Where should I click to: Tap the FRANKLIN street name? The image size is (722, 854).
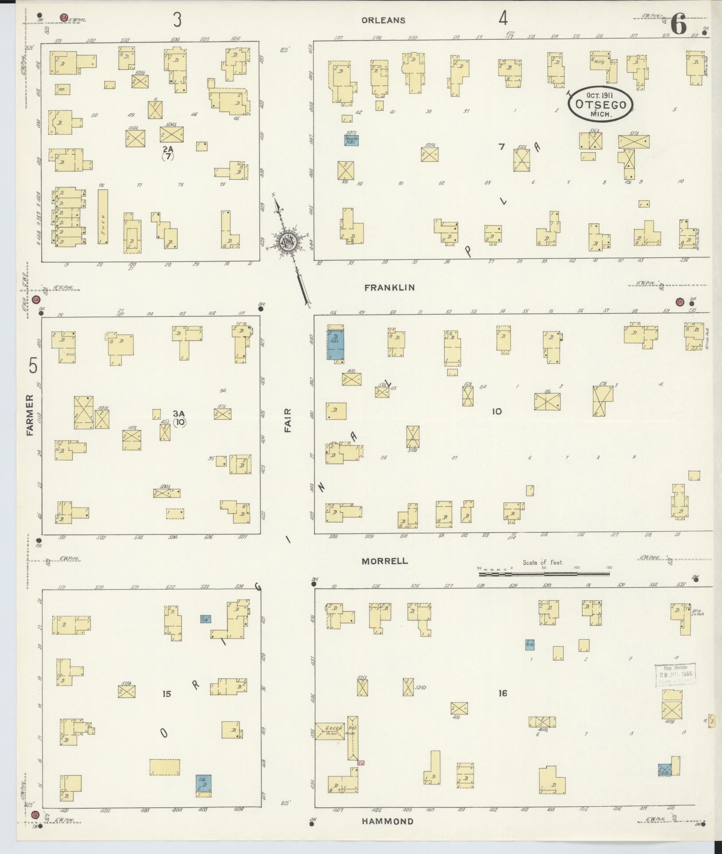point(389,287)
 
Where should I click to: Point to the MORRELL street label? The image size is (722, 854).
point(385,561)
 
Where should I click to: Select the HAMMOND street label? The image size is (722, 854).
point(387,821)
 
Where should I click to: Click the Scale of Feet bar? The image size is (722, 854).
point(544,574)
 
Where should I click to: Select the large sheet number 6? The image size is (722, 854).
point(679,24)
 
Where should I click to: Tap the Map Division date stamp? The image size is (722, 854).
point(675,675)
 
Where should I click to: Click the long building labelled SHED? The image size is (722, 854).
point(102,217)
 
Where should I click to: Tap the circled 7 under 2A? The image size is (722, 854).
point(168,156)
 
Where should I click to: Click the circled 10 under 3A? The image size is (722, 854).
point(180,422)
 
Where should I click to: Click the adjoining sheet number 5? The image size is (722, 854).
point(33,366)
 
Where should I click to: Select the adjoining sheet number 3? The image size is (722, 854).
point(177,19)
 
